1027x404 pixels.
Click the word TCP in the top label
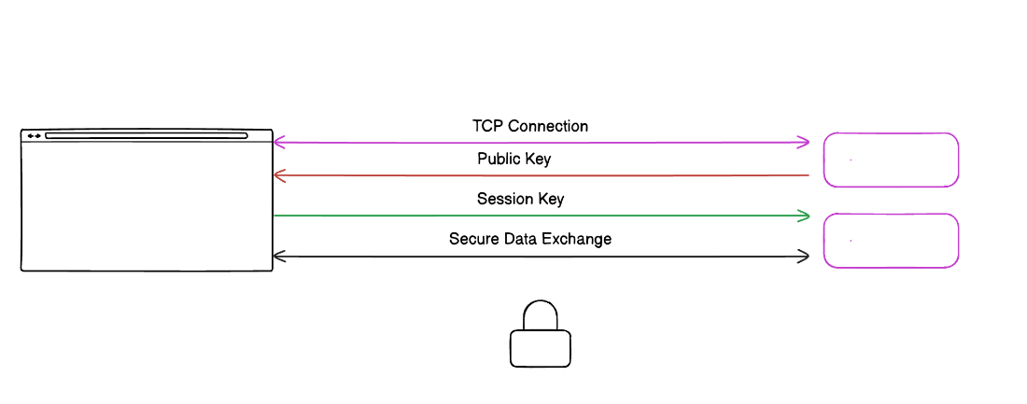click(x=487, y=126)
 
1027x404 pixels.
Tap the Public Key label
click(x=513, y=160)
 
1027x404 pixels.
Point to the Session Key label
click(x=520, y=200)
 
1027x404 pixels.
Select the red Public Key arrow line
click(x=542, y=175)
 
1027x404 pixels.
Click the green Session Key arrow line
click(x=542, y=216)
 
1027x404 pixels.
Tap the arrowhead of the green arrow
click(x=804, y=216)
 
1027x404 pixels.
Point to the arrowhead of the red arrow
click(x=277, y=175)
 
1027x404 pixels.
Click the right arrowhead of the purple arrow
click(x=804, y=143)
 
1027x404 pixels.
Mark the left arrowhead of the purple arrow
click(x=277, y=143)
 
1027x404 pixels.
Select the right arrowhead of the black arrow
click(x=804, y=256)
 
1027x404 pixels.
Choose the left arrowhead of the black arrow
click(x=277, y=256)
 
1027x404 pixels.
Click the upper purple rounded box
click(x=891, y=160)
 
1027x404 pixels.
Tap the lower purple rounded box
click(x=891, y=241)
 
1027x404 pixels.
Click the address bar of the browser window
click(x=147, y=136)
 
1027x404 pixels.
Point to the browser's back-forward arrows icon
click(x=34, y=136)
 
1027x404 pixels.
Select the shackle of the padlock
click(x=540, y=315)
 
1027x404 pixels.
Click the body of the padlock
click(x=540, y=349)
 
